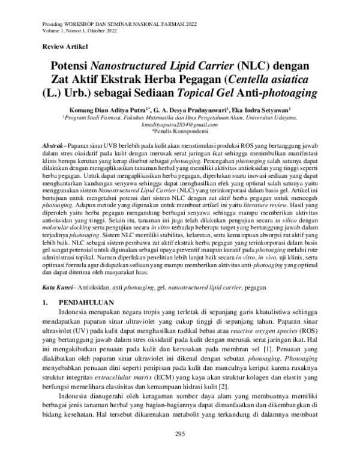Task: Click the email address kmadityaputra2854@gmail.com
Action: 179,124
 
